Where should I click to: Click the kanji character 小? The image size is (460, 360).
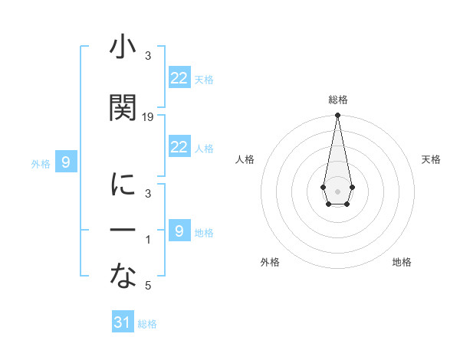click(x=123, y=48)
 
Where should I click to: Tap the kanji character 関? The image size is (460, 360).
click(x=123, y=108)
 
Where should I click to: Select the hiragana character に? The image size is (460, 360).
click(x=123, y=185)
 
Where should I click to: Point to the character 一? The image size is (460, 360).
click(x=123, y=230)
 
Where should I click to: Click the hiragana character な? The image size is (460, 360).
click(x=123, y=277)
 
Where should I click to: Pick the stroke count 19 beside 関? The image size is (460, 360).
click(x=149, y=116)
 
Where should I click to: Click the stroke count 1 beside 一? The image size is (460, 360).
click(x=149, y=241)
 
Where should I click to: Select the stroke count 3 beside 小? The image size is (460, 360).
click(x=149, y=56)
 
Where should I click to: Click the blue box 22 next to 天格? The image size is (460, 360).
click(x=179, y=78)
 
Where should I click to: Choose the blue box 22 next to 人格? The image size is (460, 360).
click(x=179, y=147)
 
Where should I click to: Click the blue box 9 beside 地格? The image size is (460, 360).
click(x=179, y=231)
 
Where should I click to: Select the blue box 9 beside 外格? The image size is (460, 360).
click(x=67, y=162)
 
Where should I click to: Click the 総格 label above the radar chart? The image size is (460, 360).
click(x=337, y=100)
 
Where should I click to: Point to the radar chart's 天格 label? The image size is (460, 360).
click(x=431, y=159)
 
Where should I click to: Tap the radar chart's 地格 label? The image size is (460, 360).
click(x=402, y=262)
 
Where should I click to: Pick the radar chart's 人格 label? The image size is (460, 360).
click(x=245, y=159)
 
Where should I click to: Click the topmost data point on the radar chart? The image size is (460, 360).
click(x=337, y=116)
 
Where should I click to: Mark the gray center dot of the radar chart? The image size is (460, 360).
click(x=337, y=190)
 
